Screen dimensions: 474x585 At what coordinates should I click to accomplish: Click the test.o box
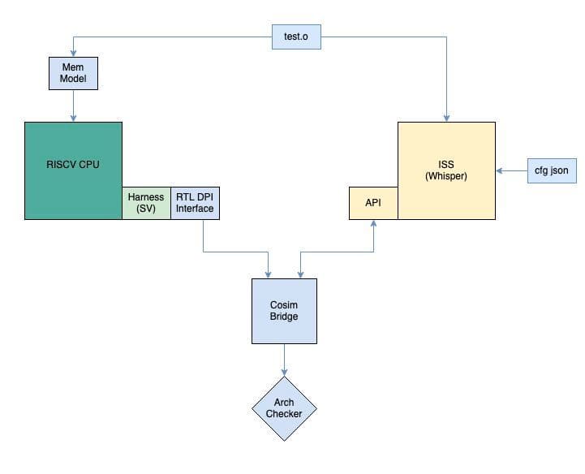[295, 37]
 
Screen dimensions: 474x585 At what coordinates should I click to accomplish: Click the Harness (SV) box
[146, 203]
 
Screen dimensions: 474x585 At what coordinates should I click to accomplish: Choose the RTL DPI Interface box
[195, 203]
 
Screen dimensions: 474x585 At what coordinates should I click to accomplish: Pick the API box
[373, 203]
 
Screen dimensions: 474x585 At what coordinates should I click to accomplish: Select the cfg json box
[551, 170]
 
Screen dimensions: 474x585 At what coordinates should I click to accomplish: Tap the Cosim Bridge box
[284, 311]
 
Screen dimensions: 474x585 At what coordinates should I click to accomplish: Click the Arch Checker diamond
[284, 408]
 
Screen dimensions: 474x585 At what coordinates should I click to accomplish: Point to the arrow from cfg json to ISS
[513, 170]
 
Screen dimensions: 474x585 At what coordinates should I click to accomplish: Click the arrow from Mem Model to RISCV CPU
[74, 106]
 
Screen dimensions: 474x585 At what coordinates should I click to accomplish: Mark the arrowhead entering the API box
[373, 224]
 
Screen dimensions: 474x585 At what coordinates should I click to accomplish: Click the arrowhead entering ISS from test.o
[446, 117]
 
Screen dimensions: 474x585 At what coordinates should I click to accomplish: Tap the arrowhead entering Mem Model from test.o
[74, 54]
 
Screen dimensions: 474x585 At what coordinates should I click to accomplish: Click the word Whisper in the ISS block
[446, 176]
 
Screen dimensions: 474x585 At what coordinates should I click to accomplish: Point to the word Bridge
[284, 317]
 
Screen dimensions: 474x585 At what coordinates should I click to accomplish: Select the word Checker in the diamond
[284, 414]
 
